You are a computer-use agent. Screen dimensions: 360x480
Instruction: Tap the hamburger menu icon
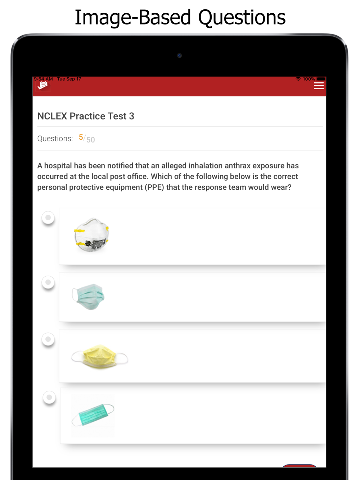tap(319, 86)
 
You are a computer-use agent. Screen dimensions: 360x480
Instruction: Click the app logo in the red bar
tap(43, 86)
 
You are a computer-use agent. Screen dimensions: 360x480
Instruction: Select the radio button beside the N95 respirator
tap(48, 218)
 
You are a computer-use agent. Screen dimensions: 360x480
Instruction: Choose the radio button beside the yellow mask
tap(48, 339)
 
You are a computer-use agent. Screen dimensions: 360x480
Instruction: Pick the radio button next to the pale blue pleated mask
tap(48, 282)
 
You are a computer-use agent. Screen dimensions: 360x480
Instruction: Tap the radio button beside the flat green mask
tap(49, 397)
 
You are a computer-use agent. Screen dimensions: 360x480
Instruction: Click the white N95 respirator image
tap(91, 235)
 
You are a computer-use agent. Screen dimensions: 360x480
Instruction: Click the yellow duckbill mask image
tap(99, 357)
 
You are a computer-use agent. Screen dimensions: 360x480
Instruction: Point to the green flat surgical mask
tap(93, 415)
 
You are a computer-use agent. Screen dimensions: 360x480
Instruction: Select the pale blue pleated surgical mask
tap(88, 296)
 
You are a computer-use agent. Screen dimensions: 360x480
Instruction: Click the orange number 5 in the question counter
tap(81, 137)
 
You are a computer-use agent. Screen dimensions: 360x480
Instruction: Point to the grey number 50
tap(91, 140)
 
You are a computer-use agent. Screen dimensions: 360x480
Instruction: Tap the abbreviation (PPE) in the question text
tap(154, 187)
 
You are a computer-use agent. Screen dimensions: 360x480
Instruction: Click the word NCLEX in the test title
tap(52, 116)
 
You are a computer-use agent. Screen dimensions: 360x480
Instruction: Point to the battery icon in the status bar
tap(321, 79)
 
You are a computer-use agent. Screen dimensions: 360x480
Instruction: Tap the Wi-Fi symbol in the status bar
tap(298, 79)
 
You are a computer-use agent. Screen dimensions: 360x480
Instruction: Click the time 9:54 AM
tap(43, 79)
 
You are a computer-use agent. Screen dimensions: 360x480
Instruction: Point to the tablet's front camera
tap(179, 55)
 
